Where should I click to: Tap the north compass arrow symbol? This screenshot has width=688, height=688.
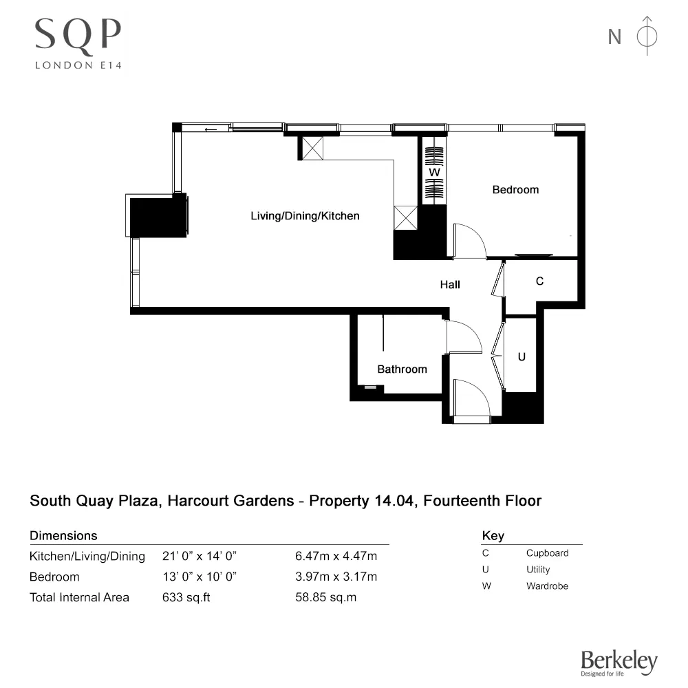[646, 36]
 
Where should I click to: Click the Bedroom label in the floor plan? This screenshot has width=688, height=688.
[515, 190]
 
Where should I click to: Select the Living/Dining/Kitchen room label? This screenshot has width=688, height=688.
[305, 216]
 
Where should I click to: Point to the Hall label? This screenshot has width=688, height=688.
[450, 284]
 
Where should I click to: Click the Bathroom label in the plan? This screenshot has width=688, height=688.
[402, 369]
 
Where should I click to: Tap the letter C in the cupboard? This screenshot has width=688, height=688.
[540, 281]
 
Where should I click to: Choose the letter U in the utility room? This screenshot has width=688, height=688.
[522, 357]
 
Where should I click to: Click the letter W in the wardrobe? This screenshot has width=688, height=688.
[434, 171]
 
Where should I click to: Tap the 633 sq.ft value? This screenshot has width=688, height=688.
[186, 597]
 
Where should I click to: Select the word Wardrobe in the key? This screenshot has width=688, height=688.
[547, 586]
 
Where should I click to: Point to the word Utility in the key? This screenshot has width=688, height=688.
[538, 570]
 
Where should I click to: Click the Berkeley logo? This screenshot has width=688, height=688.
[619, 663]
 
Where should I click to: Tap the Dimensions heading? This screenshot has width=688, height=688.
[63, 535]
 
